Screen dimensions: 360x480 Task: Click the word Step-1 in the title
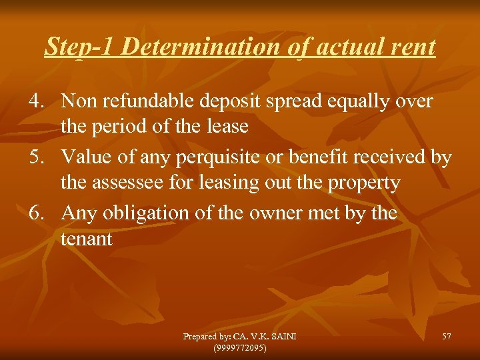coord(81,47)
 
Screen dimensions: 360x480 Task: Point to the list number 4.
coord(36,102)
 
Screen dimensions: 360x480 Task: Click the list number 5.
coord(36,158)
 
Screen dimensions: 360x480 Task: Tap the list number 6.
coord(36,214)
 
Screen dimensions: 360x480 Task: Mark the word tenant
coord(87,238)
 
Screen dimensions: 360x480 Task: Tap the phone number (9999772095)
coord(239,347)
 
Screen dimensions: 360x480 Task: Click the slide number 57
coord(446,337)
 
